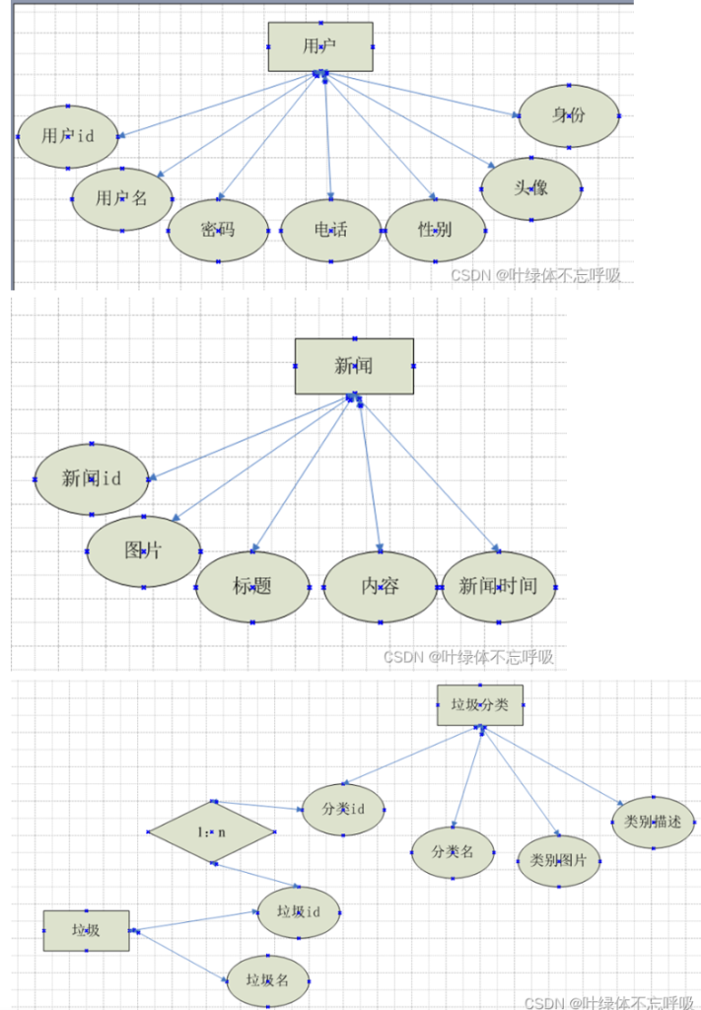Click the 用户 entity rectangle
pos(320,46)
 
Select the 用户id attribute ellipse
pos(67,136)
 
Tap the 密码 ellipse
pos(218,231)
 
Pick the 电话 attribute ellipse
pos(330,231)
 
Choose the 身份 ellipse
pos(569,115)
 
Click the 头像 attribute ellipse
pos(530,188)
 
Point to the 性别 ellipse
pos(435,231)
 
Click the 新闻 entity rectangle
pos(354,366)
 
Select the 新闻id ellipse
pos(91,479)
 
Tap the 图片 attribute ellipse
pos(143,550)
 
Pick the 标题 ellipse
pos(252,587)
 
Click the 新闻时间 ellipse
pos(498,587)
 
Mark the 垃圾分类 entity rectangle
pos(480,704)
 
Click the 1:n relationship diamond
pos(211,831)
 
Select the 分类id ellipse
pos(343,810)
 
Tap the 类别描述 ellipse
pos(653,821)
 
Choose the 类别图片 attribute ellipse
pos(558,860)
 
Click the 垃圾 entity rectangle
pos(86,930)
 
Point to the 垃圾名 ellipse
pos(268,980)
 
